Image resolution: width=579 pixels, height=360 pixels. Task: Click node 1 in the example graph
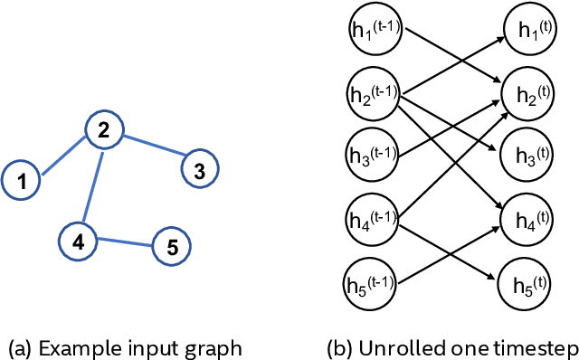pos(22,181)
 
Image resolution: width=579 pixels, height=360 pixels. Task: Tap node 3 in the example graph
pos(200,168)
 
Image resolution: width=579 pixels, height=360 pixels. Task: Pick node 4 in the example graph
pos(78,241)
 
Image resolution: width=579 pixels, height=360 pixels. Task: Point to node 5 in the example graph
pos(171,246)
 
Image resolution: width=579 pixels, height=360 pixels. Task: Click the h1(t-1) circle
pos(373,32)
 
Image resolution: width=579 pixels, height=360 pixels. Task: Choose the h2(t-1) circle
pos(373,92)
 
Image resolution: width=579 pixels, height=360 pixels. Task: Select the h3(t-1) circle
pos(373,154)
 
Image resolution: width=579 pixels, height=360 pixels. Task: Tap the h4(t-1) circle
pos(373,216)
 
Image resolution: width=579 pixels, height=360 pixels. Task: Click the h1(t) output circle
pos(527,32)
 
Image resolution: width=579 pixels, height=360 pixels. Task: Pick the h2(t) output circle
pos(527,92)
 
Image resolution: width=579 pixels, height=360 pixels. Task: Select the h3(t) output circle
pos(527,154)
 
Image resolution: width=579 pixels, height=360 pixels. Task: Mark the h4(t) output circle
pos(527,216)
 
